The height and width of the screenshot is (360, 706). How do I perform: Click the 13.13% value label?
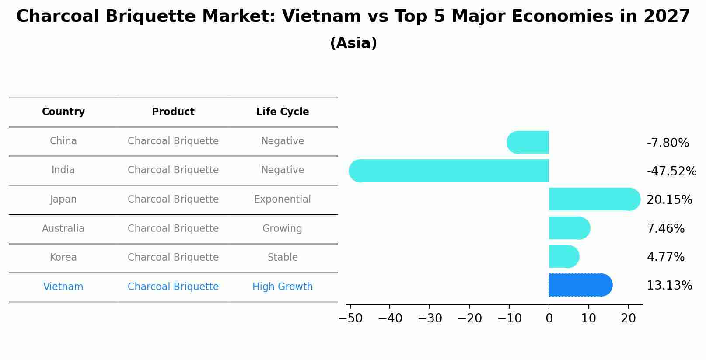pyautogui.click(x=669, y=286)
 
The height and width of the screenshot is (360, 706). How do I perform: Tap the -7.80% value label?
pyautogui.click(x=668, y=143)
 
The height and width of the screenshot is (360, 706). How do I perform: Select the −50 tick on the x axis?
pyautogui.click(x=350, y=318)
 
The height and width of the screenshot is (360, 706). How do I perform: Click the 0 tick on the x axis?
pyautogui.click(x=549, y=318)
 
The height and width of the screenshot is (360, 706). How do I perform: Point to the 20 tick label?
pyautogui.click(x=628, y=318)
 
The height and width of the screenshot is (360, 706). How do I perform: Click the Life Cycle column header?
pyautogui.click(x=283, y=112)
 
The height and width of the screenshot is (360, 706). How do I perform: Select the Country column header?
pyautogui.click(x=63, y=112)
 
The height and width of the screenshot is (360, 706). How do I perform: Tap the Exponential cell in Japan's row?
pyautogui.click(x=283, y=199)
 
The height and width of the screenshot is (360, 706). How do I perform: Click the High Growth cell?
pyautogui.click(x=283, y=287)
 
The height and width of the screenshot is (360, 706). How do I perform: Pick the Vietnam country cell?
pyautogui.click(x=63, y=287)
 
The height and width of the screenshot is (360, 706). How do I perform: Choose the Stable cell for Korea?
pyautogui.click(x=283, y=258)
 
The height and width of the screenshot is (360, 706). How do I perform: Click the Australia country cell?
pyautogui.click(x=63, y=229)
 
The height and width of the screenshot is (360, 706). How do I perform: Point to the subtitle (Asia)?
pyautogui.click(x=353, y=43)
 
